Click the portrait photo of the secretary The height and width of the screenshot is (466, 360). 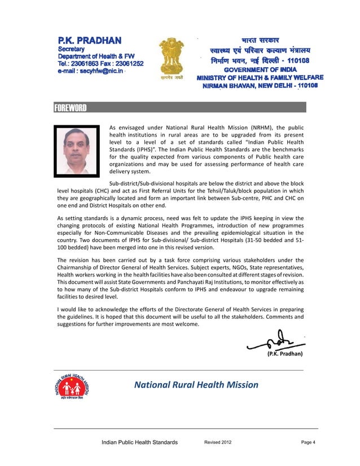pyautogui.click(x=76, y=150)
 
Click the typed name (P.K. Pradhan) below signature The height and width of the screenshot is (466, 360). pyautogui.click(x=284, y=354)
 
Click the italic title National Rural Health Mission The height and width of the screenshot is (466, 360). pyautogui.click(x=196, y=385)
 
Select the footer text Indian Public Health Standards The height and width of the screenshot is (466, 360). pyautogui.click(x=139, y=442)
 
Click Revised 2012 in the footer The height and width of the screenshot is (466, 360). pyautogui.click(x=217, y=442)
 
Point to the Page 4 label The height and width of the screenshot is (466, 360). pyautogui.click(x=308, y=442)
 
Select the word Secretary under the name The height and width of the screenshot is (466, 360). pyautogui.click(x=72, y=49)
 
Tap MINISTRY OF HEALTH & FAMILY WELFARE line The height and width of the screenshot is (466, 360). pyautogui.click(x=260, y=77)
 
